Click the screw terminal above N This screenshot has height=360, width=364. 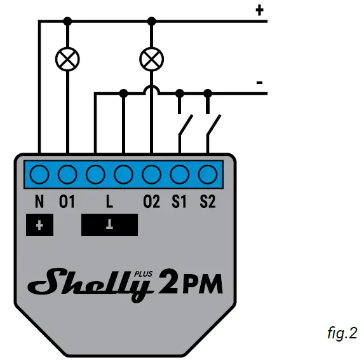(39, 174)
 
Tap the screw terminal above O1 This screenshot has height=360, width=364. (67, 174)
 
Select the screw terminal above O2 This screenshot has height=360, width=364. (151, 174)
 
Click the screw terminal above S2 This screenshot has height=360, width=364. (207, 174)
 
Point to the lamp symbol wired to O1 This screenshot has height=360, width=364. (67, 60)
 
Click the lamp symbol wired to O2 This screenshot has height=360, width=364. (151, 60)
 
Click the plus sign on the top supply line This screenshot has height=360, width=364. (259, 10)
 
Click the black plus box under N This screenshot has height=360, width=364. (39, 225)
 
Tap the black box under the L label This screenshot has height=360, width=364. (109, 225)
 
